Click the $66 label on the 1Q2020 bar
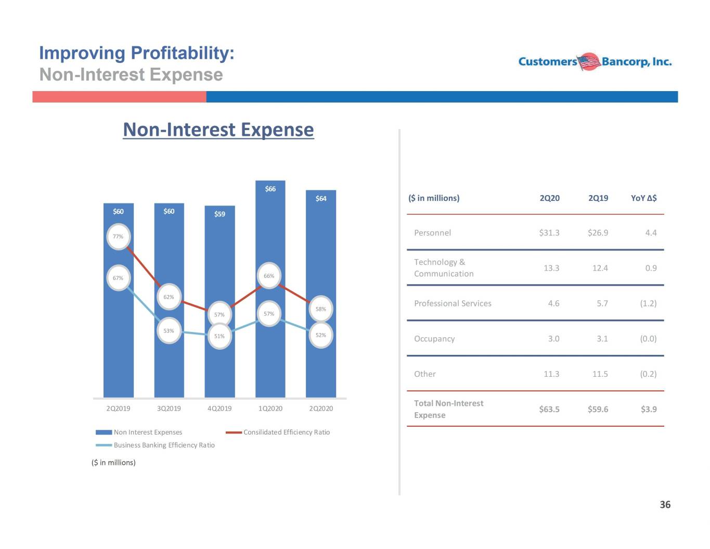[x=270, y=189]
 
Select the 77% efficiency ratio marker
[x=118, y=237]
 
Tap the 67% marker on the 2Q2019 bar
[x=118, y=278]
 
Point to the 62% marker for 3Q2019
[x=169, y=297]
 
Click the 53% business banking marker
[x=169, y=331]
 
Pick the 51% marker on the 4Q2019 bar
[x=220, y=336]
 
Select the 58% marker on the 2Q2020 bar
[x=321, y=309]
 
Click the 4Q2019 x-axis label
[x=220, y=408]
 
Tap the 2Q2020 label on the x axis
[x=321, y=408]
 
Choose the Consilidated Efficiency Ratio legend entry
[x=278, y=432]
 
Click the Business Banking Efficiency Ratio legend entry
[x=155, y=445]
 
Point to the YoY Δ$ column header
[x=643, y=198]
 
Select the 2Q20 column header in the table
[x=550, y=198]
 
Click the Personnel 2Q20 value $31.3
[x=549, y=233]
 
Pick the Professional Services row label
[x=453, y=303]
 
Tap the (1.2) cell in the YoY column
[x=648, y=303]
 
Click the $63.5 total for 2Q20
[x=549, y=409]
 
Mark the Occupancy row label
[x=434, y=339]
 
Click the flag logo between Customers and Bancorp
[x=589, y=61]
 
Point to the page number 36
[x=665, y=505]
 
